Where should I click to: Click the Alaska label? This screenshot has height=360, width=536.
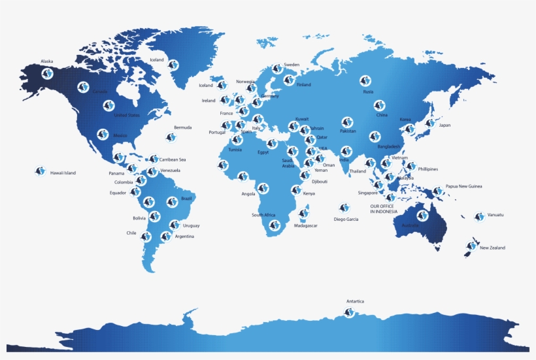click(47, 61)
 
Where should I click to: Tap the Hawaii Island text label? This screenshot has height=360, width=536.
click(63, 173)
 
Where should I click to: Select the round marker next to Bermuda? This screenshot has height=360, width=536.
click(171, 137)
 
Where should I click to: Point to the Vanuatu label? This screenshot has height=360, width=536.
click(495, 215)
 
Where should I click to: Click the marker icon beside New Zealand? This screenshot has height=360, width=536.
click(471, 246)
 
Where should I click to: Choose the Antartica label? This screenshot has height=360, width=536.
click(355, 301)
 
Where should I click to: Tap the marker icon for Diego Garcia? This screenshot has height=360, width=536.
click(344, 208)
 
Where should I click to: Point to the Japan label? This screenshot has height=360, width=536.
click(444, 125)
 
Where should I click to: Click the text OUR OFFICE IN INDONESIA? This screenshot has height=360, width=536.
click(385, 209)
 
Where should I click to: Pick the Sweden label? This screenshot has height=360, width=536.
click(292, 65)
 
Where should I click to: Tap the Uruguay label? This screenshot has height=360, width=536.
click(192, 225)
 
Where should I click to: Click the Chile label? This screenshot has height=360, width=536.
click(131, 233)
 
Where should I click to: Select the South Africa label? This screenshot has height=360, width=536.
click(263, 215)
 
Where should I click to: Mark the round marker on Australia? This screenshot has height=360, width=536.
click(422, 216)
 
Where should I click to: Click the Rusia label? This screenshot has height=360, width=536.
click(368, 91)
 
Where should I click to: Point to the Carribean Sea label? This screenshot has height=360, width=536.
click(173, 159)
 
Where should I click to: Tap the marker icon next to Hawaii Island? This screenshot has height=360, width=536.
click(40, 171)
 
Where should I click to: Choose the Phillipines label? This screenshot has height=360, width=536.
click(428, 169)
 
